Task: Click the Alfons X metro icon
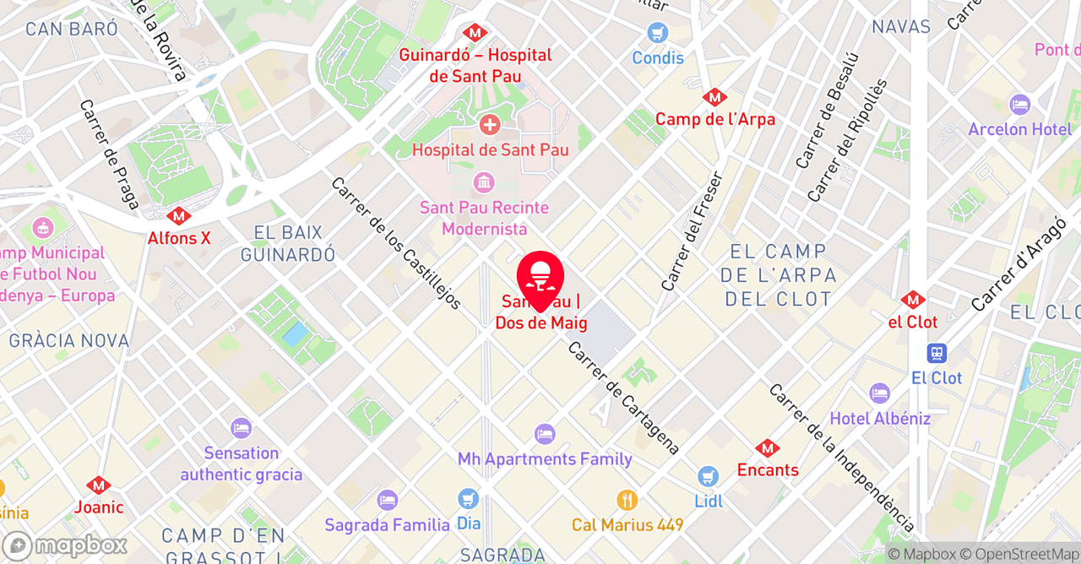tap(178, 216)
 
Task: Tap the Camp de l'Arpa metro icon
tap(714, 97)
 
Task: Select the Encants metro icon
tap(767, 448)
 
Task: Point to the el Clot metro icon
tap(912, 300)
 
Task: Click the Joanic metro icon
tap(99, 485)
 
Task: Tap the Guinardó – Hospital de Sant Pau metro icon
tap(474, 33)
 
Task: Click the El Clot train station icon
tap(936, 354)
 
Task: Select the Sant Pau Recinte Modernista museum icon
tap(484, 182)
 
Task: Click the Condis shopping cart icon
tap(657, 35)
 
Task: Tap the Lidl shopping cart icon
tap(708, 477)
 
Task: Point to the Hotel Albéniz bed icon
tap(879, 394)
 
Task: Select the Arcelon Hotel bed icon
tap(1019, 105)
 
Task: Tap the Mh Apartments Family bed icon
tap(545, 435)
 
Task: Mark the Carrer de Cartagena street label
tap(624, 398)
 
